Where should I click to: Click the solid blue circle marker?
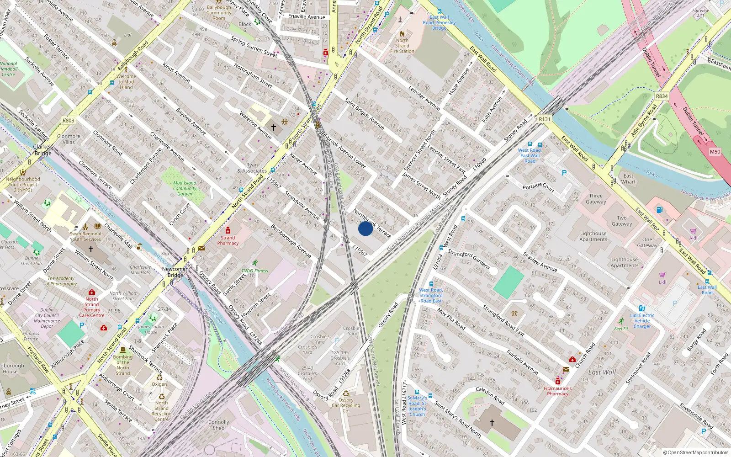point(365,228)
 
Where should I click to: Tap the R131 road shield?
point(544,119)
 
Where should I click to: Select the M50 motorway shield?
point(715,152)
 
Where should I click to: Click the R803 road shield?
point(68,121)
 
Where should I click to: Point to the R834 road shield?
point(662,96)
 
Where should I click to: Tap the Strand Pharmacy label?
point(228,240)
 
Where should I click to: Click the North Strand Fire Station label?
point(402,46)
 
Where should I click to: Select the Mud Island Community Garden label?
point(185,188)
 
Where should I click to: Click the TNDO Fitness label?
point(254,271)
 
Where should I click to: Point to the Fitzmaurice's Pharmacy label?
point(557,391)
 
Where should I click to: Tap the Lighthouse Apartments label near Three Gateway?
point(593,236)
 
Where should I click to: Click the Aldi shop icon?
point(693,231)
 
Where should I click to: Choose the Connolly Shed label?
point(218,425)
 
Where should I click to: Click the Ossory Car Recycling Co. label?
point(346,405)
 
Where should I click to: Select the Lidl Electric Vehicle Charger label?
point(642,321)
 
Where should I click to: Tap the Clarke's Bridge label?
point(43,150)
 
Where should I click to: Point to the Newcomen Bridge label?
point(175,272)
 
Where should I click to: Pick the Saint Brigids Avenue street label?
point(364,113)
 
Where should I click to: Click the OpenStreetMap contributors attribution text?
point(695,452)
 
